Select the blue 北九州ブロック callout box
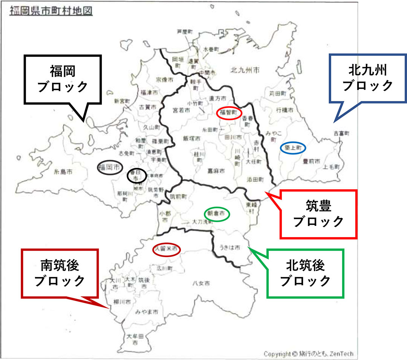pos(368,78)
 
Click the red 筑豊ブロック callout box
pos(318,214)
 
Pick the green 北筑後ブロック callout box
pos(305,273)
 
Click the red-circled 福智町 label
pos(228,113)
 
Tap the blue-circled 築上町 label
pos(292,149)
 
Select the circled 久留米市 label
pos(166,249)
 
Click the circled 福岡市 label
pos(110,167)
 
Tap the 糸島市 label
pos(63,172)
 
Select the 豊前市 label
pos(312,161)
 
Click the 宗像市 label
pos(165,80)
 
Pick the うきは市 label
pos(230,248)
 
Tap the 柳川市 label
pos(122,302)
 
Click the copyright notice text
pos(308,354)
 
